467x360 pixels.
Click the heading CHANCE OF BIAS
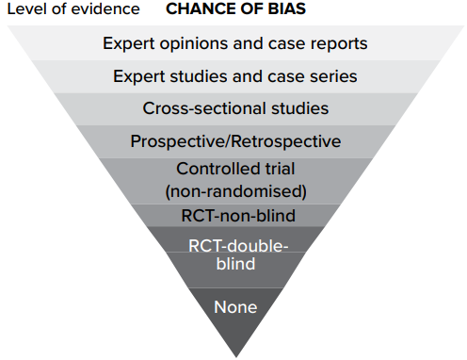(x=235, y=8)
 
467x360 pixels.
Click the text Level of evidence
(x=73, y=8)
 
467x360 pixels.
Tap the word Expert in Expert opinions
(x=129, y=43)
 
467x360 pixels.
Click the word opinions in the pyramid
(x=194, y=43)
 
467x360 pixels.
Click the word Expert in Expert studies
(x=139, y=77)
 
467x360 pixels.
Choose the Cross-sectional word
(x=204, y=108)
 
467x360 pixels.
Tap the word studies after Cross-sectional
(x=299, y=108)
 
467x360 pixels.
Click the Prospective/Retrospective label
(x=235, y=141)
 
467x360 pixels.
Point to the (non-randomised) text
(x=235, y=191)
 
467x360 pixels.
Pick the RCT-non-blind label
(x=238, y=216)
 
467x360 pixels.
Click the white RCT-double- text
(x=238, y=246)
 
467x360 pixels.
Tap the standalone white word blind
(x=235, y=264)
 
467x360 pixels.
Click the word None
(x=235, y=307)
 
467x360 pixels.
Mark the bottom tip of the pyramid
(x=236, y=357)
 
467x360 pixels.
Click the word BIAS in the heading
(x=286, y=8)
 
